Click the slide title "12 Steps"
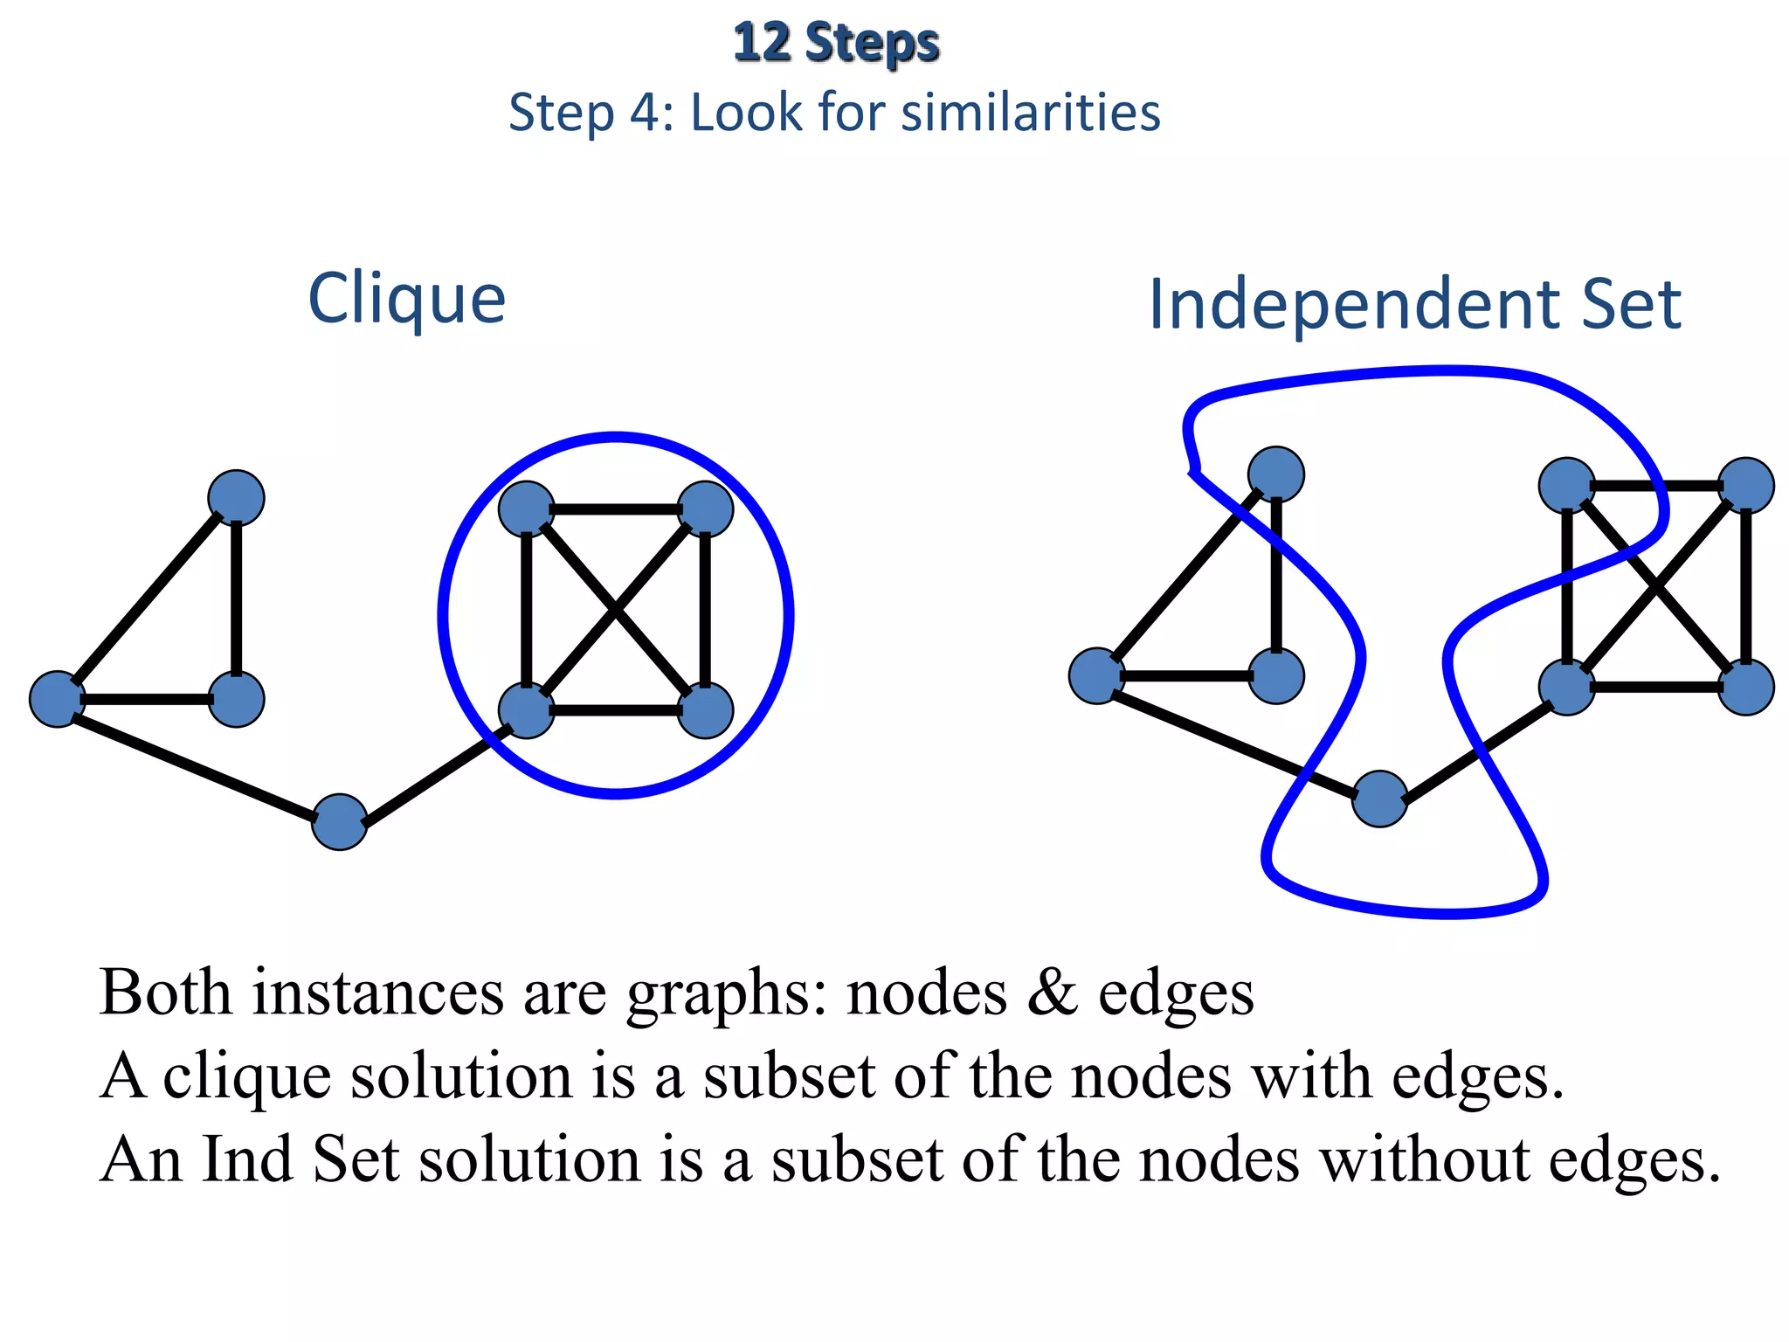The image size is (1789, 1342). (836, 43)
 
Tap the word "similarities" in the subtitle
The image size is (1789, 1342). (1031, 113)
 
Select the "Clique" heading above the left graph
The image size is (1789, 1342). (407, 299)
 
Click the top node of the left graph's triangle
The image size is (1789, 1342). (236, 498)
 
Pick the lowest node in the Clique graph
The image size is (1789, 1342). (340, 821)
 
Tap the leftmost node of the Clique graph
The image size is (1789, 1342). (58, 699)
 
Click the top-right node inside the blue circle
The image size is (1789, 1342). (705, 508)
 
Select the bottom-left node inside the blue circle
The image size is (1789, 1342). (526, 710)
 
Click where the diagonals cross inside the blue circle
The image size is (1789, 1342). (616, 610)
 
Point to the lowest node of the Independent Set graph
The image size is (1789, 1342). (1379, 799)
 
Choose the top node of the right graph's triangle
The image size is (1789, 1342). (1276, 474)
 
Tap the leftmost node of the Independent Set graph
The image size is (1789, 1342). (1097, 675)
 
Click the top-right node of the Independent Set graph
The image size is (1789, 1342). (1745, 486)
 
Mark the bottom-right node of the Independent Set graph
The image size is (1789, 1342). (1745, 688)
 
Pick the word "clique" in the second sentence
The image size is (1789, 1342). (247, 1076)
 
